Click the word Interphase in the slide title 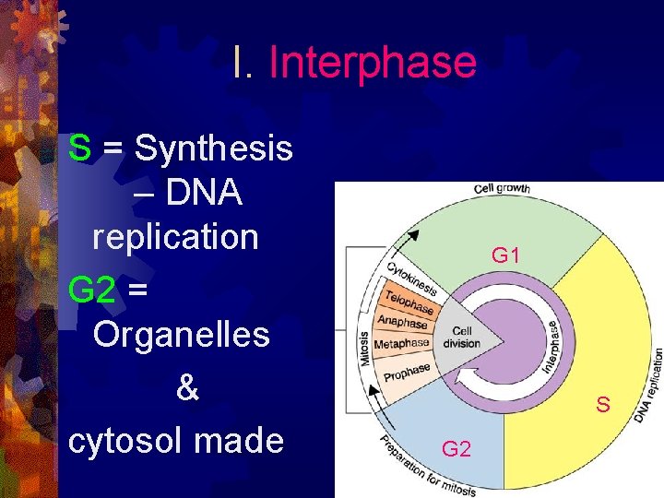tap(373, 63)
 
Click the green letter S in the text tap(79, 148)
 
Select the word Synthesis tap(214, 148)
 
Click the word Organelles tap(182, 335)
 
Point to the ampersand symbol tap(186, 388)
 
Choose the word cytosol tap(128, 441)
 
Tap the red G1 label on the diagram tap(505, 255)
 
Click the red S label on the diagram tap(603, 404)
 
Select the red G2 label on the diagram tap(456, 449)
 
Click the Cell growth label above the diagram tap(504, 189)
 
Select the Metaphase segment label tap(401, 344)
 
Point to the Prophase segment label tap(407, 373)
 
